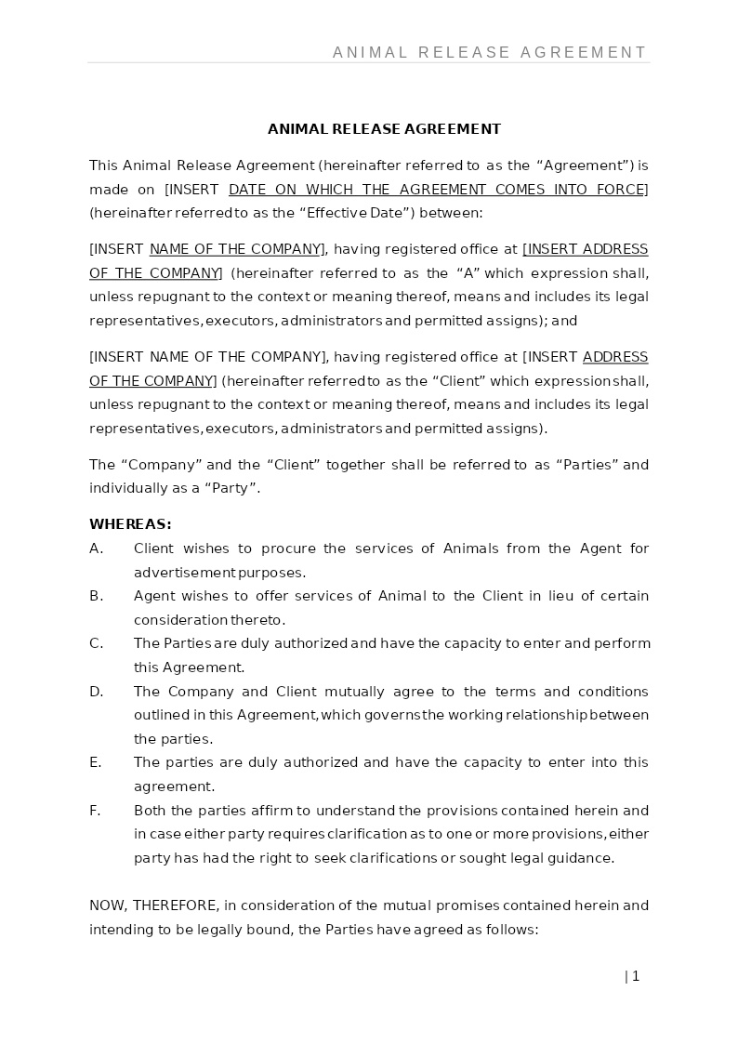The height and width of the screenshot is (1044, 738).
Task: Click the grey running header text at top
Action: click(489, 52)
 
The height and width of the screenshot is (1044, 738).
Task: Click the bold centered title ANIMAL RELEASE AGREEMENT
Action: click(384, 129)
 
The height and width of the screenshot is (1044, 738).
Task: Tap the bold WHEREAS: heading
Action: click(130, 524)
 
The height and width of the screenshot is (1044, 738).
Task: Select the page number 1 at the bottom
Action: click(636, 976)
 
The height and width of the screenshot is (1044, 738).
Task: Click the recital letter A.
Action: click(96, 548)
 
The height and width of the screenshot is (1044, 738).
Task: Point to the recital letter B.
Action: click(96, 596)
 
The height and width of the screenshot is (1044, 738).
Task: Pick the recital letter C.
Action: click(96, 643)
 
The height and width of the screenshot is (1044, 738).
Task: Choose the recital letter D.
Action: click(96, 692)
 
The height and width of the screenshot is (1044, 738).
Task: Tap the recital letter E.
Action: click(95, 762)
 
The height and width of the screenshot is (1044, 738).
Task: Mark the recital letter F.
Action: click(95, 811)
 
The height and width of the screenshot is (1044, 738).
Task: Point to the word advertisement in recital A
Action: click(184, 573)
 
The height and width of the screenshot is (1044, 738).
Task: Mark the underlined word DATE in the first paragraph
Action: click(247, 190)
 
